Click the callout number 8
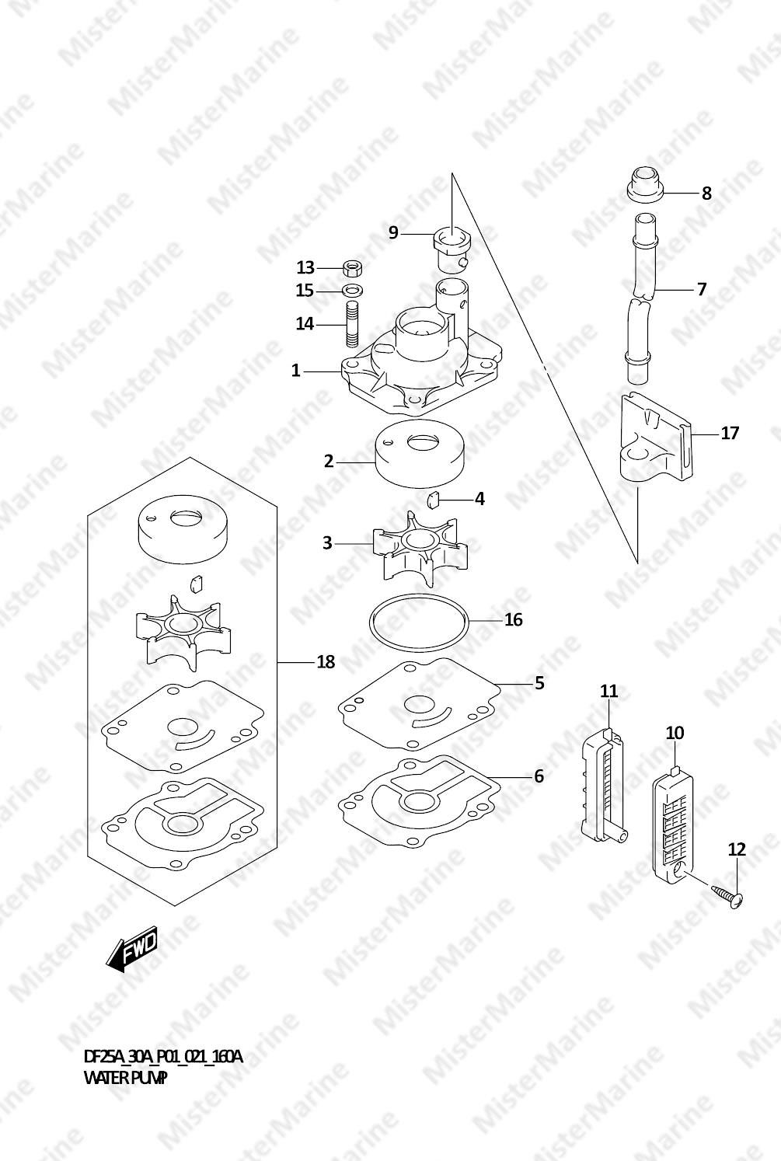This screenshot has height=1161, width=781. click(706, 193)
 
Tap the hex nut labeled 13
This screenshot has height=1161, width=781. click(352, 268)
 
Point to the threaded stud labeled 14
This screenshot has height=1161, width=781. click(352, 325)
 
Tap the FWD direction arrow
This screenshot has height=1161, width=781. click(133, 948)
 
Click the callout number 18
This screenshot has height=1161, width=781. click(326, 662)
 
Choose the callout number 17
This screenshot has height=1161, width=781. click(730, 433)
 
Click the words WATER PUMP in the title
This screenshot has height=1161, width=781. click(125, 1078)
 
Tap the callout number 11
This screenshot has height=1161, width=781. click(609, 691)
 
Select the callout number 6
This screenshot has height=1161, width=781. click(539, 776)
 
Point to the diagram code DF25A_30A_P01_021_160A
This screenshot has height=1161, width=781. click(162, 1056)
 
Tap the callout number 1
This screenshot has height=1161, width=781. click(295, 371)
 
